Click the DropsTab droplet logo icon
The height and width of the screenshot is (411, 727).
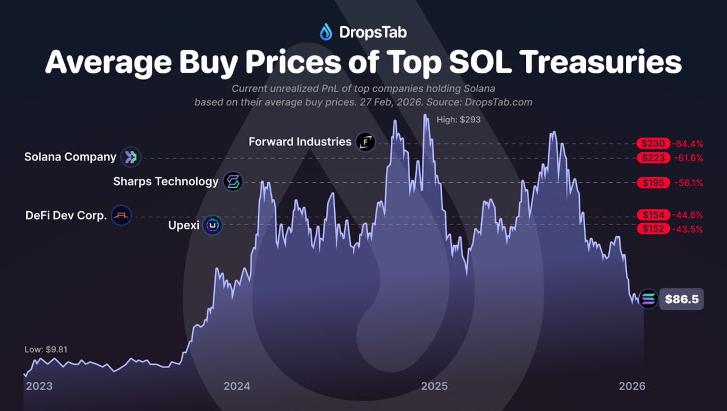point(326,31)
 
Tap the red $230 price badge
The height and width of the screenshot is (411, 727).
point(653,143)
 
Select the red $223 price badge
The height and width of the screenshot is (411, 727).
point(653,158)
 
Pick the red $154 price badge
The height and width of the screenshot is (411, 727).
point(653,215)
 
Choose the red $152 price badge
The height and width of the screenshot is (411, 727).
point(653,229)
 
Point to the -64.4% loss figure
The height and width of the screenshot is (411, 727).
point(688,143)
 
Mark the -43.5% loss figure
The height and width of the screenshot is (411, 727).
point(688,229)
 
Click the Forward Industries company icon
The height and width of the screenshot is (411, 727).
point(365,142)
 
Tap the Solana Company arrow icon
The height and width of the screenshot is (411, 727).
point(130,157)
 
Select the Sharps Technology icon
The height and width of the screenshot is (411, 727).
point(233,182)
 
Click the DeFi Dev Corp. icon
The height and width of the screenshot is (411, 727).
point(121,215)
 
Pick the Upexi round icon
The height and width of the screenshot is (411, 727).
point(212,226)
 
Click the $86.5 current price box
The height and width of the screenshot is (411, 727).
point(681,299)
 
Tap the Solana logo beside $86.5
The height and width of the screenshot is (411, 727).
point(648,299)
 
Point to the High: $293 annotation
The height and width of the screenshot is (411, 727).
point(459,120)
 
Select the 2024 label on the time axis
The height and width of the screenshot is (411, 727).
point(236,386)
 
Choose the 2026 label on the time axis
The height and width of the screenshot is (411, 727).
point(632,386)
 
